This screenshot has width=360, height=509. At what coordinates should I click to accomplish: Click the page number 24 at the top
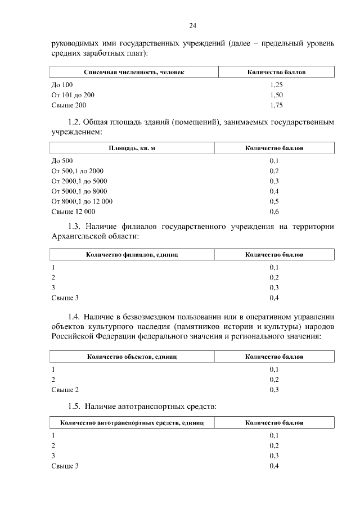pyautogui.click(x=192, y=26)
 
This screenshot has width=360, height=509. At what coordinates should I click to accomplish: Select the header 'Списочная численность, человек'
pyautogui.click(x=134, y=73)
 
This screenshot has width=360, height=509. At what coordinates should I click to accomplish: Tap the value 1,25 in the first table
pyautogui.click(x=276, y=84)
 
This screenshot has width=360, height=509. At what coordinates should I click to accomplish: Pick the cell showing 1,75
pyautogui.click(x=276, y=105)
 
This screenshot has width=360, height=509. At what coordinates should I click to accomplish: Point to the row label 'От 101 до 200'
pyautogui.click(x=73, y=95)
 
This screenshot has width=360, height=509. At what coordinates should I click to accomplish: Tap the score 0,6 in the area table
pyautogui.click(x=274, y=211)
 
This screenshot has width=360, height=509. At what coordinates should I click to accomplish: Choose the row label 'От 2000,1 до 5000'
pyautogui.click(x=79, y=181)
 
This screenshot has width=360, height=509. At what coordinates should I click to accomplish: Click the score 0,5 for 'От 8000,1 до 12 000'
pyautogui.click(x=274, y=201)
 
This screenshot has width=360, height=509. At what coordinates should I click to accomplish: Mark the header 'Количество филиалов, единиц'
pyautogui.click(x=132, y=255)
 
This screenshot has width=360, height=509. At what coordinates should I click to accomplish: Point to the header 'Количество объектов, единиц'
pyautogui.click(x=132, y=357)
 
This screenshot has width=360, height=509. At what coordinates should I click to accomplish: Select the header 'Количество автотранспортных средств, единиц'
pyautogui.click(x=132, y=422)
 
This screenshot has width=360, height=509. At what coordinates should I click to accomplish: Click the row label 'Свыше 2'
pyautogui.click(x=65, y=390)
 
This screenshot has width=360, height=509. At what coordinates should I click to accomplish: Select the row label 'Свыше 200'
pyautogui.click(x=69, y=105)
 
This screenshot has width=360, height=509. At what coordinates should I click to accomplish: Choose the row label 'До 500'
pyautogui.click(x=62, y=161)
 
